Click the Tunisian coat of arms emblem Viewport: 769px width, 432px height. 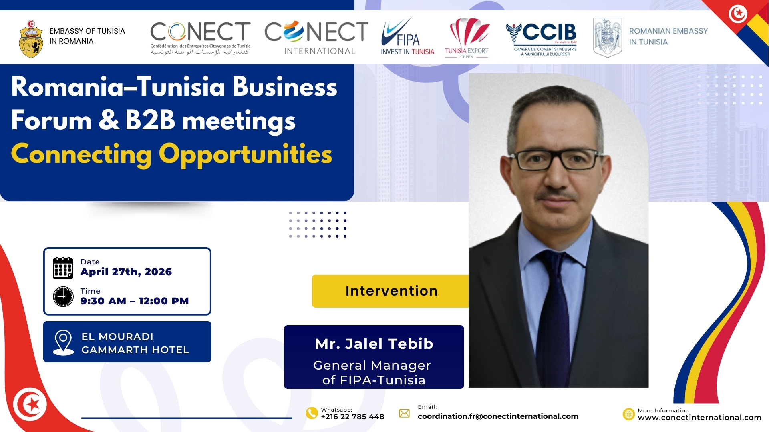pos(31,39)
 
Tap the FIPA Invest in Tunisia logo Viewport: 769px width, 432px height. pos(407,36)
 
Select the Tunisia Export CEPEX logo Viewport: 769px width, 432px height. pos(467,38)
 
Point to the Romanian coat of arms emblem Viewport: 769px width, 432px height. pos(608,38)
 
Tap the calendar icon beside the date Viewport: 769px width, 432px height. pos(63,268)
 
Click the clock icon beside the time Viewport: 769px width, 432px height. pos(63,296)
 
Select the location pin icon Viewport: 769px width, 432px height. pos(63,342)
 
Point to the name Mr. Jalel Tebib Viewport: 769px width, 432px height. pos(374,344)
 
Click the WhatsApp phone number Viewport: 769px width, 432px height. pos(352,417)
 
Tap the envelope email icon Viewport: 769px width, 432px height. pos(405,413)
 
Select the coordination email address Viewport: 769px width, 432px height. pos(498,416)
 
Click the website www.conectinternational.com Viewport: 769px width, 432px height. pos(699,418)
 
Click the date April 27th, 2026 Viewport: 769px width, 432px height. pos(126,272)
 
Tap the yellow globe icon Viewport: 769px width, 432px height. pos(629,414)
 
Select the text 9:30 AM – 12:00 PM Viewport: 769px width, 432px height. pos(135,301)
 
